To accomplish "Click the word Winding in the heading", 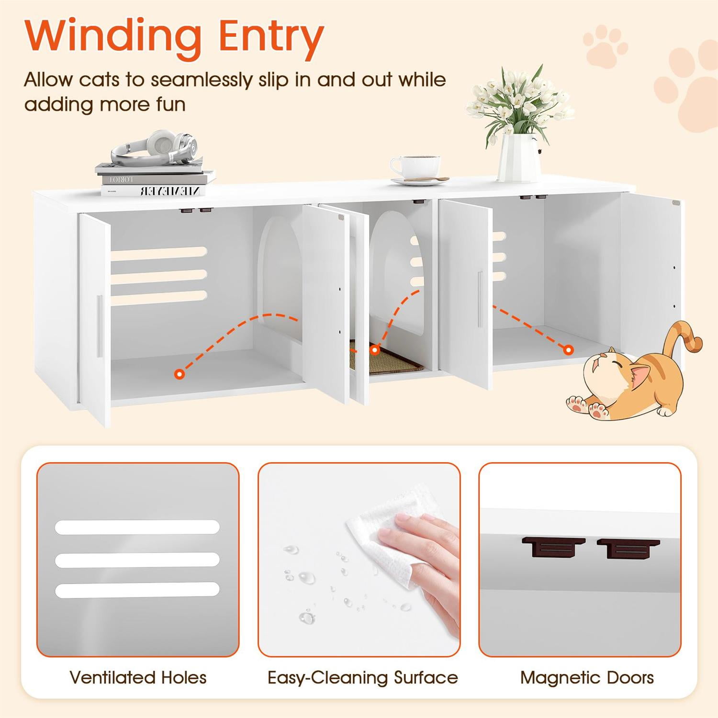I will pyautogui.click(x=113, y=36).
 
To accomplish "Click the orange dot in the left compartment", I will pyautogui.click(x=179, y=374).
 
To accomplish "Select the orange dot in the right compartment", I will pyautogui.click(x=568, y=350).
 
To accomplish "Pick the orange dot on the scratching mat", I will pyautogui.click(x=375, y=350).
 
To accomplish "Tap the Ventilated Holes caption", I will pyautogui.click(x=138, y=677).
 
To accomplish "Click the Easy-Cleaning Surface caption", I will pyautogui.click(x=362, y=677).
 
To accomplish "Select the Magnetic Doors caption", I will pyautogui.click(x=587, y=677).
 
